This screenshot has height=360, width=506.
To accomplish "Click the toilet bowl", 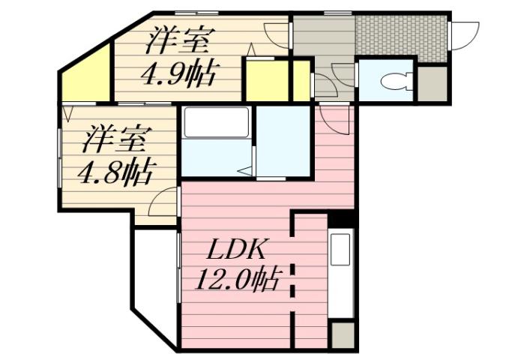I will tap(391, 80).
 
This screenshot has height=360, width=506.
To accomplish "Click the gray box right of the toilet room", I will tap(432, 83).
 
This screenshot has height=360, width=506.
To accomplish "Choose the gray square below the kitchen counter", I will tap(342, 334).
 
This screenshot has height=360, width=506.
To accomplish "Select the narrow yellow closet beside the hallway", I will tap(302, 79).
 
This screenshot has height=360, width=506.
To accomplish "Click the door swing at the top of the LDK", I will tap(333, 118).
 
